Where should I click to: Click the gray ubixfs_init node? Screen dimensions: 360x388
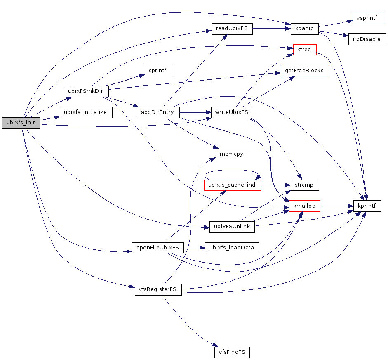tap(21, 123)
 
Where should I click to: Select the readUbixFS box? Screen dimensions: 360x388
tap(232, 29)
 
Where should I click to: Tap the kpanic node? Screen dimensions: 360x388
tap(304, 29)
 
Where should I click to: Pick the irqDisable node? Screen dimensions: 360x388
tap(367, 40)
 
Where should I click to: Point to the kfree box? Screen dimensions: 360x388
tap(304, 50)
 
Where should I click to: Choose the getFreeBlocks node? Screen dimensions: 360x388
tap(304, 71)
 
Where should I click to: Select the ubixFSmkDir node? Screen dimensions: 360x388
tap(86, 91)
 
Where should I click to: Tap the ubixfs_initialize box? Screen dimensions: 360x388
tap(86, 112)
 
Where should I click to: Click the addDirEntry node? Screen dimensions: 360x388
tap(158, 112)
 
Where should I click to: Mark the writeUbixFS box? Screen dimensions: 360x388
tap(232, 112)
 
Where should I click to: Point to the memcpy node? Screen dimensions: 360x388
tap(232, 154)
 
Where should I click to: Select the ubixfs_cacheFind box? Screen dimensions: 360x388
tap(232, 185)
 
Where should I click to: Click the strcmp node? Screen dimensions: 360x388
tap(304, 185)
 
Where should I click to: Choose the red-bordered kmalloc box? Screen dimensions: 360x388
tap(304, 206)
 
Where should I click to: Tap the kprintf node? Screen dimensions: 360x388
tap(367, 206)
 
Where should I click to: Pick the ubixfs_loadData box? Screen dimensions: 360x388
tap(232, 248)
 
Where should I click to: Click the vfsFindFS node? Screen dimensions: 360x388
tap(232, 352)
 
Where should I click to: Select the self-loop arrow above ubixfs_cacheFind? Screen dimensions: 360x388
tap(232, 170)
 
